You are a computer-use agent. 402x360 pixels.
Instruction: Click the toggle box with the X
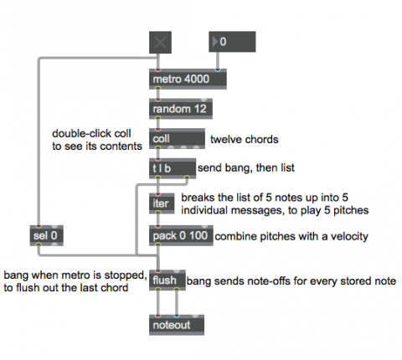click(x=160, y=43)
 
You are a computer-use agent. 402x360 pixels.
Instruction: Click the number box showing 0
click(x=232, y=42)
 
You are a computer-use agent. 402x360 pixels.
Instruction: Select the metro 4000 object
click(x=188, y=79)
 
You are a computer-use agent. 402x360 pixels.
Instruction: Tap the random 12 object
click(x=181, y=109)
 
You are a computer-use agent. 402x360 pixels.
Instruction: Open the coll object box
click(x=177, y=139)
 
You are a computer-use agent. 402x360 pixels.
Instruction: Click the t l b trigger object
click(x=173, y=168)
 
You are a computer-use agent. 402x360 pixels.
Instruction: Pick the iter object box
click(x=162, y=203)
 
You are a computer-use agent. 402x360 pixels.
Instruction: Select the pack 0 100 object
click(x=181, y=235)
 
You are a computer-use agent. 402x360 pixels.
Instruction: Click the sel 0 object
click(x=47, y=235)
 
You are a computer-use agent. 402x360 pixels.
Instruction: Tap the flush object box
click(x=167, y=280)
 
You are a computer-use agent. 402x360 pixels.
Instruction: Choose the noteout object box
click(x=177, y=325)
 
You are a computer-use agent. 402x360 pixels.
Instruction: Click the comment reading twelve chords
click(x=245, y=139)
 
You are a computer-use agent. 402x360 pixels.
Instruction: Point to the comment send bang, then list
click(x=246, y=167)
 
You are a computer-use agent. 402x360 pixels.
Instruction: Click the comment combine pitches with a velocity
click(x=291, y=236)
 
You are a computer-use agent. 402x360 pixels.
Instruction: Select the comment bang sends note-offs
click(x=291, y=281)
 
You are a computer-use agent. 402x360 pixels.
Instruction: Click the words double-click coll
click(x=91, y=133)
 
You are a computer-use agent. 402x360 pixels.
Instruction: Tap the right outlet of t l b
click(x=187, y=177)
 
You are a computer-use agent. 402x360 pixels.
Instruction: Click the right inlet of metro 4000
click(x=218, y=69)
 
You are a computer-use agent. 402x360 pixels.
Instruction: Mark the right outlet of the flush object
click(x=177, y=289)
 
